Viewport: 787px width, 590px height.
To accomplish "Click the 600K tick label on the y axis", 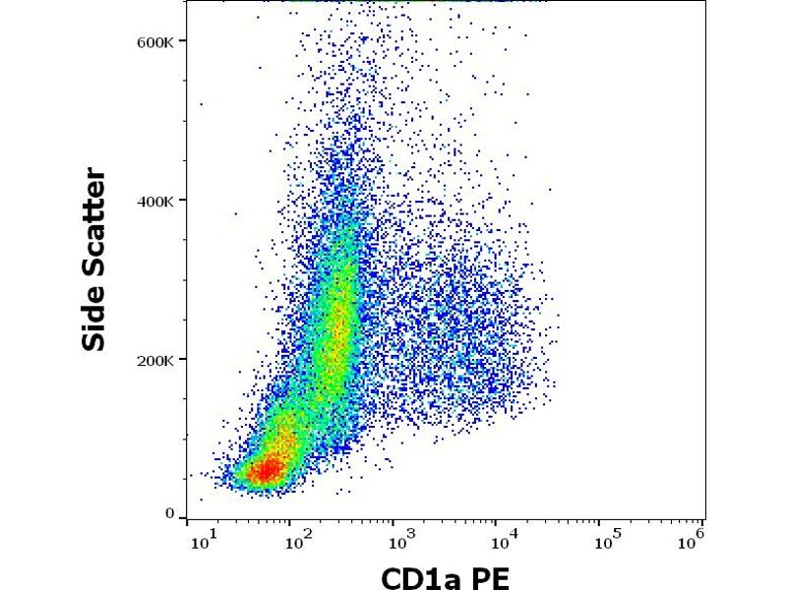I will pyautogui.click(x=155, y=41).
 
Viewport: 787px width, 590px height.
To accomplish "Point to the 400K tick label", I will pyautogui.click(x=155, y=201).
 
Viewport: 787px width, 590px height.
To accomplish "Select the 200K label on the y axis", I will pyautogui.click(x=155, y=360).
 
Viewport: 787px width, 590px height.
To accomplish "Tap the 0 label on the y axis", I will pyautogui.click(x=170, y=513).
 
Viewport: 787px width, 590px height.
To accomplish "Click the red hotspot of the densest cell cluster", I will pyautogui.click(x=264, y=472).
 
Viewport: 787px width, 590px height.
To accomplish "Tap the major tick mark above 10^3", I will pyautogui.click(x=393, y=519).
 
